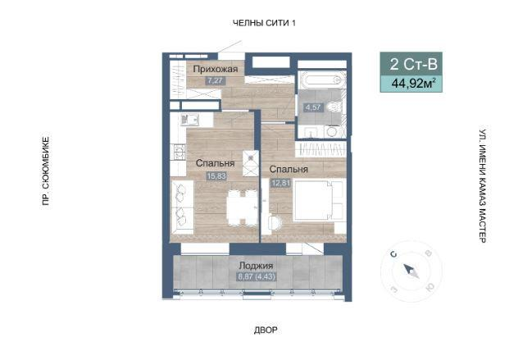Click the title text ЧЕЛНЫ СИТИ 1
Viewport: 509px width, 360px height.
click(264, 23)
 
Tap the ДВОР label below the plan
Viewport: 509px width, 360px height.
click(266, 330)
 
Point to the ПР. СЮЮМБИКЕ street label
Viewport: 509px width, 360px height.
click(46, 171)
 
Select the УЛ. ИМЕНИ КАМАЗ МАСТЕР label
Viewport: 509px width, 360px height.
click(483, 186)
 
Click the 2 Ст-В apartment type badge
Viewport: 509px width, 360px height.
click(414, 64)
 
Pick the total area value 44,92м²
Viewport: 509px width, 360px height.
click(413, 84)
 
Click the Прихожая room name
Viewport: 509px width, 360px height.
click(216, 69)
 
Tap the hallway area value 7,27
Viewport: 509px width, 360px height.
click(216, 80)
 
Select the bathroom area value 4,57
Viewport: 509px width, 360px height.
click(313, 107)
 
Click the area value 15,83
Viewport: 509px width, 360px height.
click(216, 176)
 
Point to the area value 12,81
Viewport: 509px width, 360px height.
click(281, 183)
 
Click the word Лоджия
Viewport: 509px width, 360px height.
click(256, 266)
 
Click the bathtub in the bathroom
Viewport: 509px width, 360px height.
click(321, 80)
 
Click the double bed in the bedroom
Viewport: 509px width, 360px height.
click(318, 200)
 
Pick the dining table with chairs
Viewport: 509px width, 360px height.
click(242, 208)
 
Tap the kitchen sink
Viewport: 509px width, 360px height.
click(189, 120)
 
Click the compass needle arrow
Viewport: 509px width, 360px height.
click(411, 271)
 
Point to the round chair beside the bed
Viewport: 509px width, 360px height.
click(275, 223)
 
